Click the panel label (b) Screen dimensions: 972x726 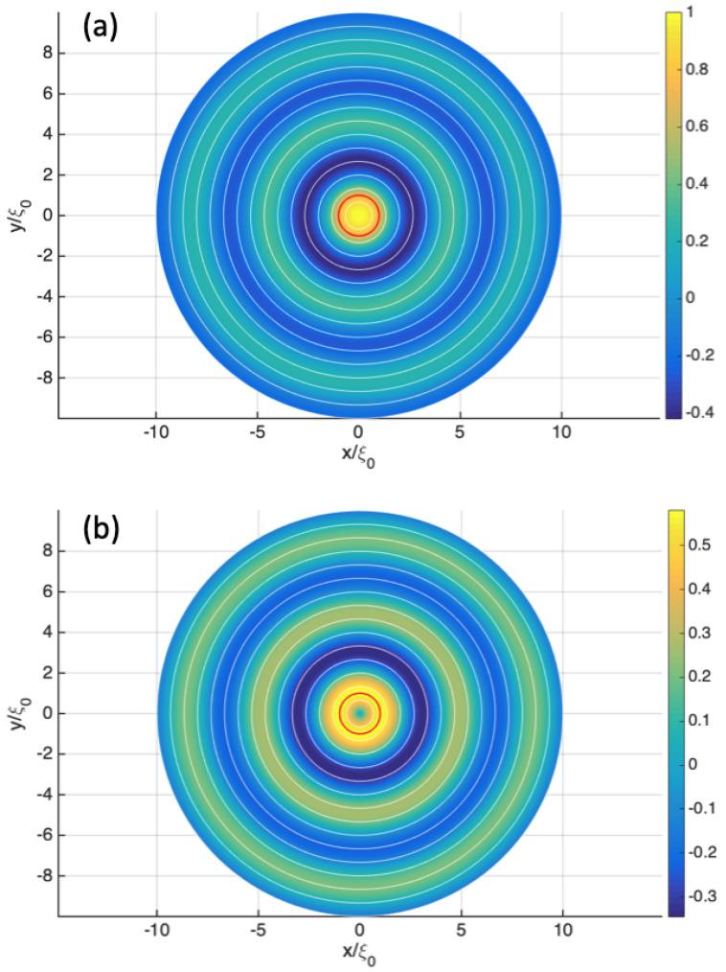100,528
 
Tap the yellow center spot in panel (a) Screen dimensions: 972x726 358,216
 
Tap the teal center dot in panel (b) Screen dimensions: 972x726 359,713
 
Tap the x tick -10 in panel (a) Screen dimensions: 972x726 155,431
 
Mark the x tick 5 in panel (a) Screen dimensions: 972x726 460,431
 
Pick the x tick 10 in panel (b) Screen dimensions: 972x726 561,930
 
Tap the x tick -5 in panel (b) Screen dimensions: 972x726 257,930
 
